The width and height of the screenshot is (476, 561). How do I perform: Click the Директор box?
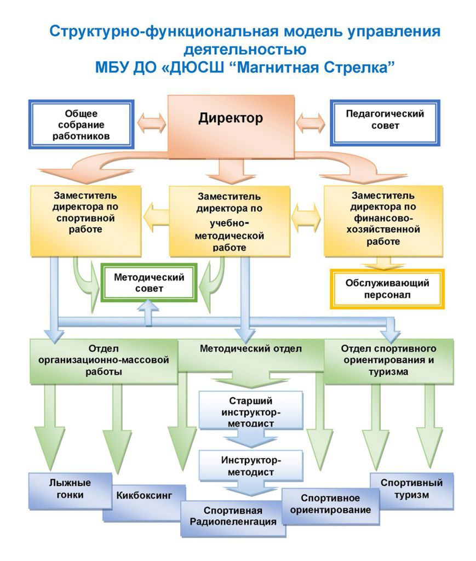231,127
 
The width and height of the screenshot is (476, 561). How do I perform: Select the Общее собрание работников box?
81,124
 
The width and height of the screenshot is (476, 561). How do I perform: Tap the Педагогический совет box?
385,123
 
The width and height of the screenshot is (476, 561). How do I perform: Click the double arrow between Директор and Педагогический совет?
311,123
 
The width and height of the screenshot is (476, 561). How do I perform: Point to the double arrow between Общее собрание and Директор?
152,123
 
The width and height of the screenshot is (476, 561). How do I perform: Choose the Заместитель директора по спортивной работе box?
85,221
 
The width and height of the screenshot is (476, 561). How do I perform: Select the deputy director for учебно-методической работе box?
230,221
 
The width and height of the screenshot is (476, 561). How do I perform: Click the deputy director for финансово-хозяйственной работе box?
383,221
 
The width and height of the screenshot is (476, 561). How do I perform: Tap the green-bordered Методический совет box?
149,283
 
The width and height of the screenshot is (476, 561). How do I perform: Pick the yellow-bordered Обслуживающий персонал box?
387,289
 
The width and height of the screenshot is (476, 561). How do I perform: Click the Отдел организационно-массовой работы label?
104,360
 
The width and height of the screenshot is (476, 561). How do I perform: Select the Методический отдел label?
251,348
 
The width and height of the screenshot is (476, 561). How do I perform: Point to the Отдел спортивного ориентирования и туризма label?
388,360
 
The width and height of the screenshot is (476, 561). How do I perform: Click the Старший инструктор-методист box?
251,410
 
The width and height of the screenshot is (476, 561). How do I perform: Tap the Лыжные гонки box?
70,490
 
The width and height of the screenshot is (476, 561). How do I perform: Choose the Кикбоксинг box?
144,501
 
